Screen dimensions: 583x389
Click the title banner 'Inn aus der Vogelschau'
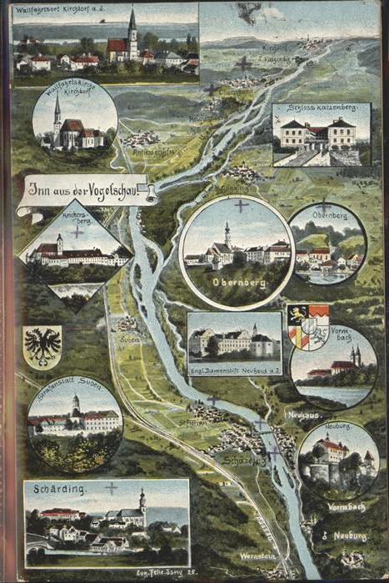coord(83,188)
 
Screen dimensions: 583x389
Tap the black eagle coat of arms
coord(42,345)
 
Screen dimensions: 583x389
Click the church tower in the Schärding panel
coord(142,504)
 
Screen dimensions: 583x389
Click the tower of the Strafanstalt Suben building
coord(74,405)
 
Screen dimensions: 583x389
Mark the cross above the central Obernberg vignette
coord(241,205)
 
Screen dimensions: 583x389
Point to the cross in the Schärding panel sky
coord(111,488)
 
